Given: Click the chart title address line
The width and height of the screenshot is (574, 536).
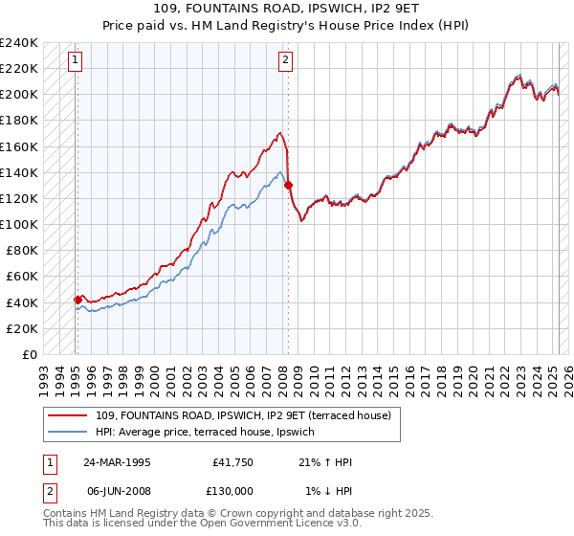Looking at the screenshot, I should (286, 10).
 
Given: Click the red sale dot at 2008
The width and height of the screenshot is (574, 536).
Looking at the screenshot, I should (288, 185).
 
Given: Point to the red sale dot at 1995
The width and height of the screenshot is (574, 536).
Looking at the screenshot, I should (77, 300).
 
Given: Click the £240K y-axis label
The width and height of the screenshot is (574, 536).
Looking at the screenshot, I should (19, 43).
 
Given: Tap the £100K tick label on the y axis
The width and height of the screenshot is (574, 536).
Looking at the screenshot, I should (19, 224).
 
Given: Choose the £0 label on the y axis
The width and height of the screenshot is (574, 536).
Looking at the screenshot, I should (29, 354).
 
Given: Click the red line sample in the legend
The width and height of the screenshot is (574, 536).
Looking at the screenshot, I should (67, 415).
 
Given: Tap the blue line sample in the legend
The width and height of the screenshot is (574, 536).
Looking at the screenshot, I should (67, 431).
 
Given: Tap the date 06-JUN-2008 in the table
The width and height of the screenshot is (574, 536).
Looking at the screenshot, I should (117, 490).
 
